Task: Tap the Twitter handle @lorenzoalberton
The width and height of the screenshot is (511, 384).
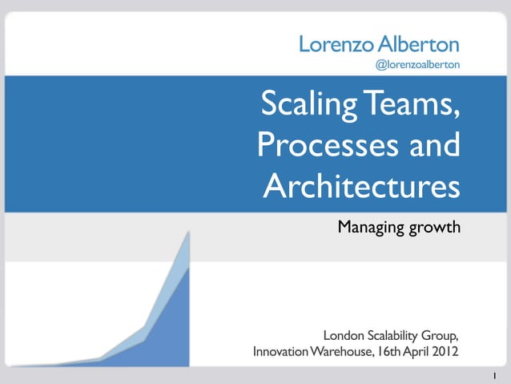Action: [x=417, y=63]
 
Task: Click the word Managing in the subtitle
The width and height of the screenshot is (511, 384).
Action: [x=370, y=228]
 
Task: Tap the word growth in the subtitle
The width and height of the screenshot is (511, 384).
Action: [x=434, y=228]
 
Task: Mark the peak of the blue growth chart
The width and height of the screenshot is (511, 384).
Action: [x=188, y=232]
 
